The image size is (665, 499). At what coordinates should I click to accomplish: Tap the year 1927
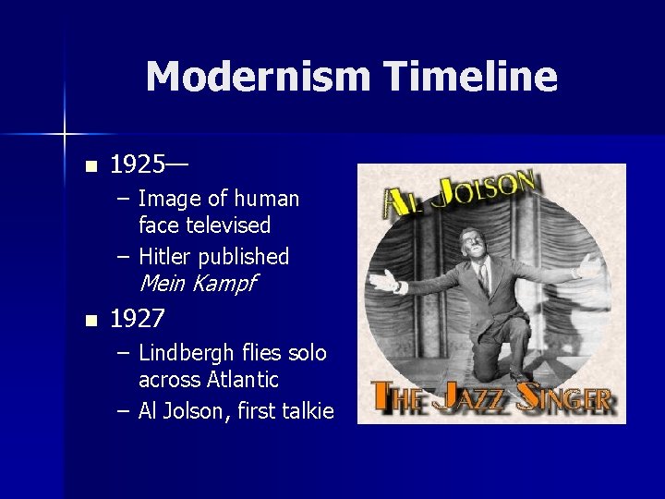(138, 320)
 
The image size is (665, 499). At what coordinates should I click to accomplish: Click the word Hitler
(165, 257)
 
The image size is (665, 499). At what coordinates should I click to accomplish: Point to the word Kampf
(224, 284)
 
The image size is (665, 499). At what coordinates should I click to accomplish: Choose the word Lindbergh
(186, 353)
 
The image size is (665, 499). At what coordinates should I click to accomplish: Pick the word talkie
(308, 411)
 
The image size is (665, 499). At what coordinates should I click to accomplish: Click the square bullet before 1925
(90, 167)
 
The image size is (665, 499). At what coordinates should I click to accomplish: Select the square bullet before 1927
(90, 321)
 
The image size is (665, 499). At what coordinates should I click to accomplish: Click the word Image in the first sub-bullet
(170, 199)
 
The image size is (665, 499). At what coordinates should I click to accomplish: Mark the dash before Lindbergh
(124, 353)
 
